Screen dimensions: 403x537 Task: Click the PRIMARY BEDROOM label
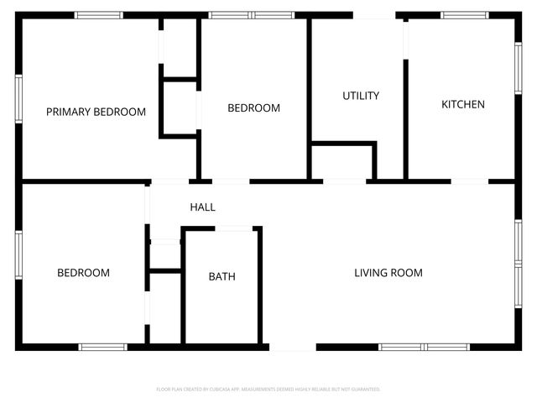click(x=96, y=112)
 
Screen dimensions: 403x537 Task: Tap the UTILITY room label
click(x=361, y=96)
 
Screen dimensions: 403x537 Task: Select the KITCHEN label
click(x=463, y=104)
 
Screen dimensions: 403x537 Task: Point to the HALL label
click(x=202, y=207)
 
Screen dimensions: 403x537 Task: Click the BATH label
click(x=222, y=276)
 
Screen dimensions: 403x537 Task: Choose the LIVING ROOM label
click(x=388, y=273)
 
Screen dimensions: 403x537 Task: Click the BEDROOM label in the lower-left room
click(x=83, y=273)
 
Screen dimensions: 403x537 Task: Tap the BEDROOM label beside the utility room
click(x=253, y=108)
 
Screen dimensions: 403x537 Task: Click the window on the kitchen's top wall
click(x=466, y=15)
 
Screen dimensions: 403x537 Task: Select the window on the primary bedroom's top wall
click(x=98, y=15)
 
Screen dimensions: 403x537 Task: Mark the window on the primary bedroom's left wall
click(x=18, y=99)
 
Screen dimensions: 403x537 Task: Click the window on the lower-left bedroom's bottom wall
click(x=102, y=346)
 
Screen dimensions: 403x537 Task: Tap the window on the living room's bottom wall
click(x=424, y=346)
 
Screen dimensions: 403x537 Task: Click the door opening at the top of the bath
click(x=233, y=228)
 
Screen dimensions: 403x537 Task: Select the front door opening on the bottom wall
click(x=292, y=346)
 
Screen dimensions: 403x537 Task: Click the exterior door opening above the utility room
click(x=374, y=15)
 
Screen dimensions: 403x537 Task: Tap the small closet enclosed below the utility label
click(x=342, y=162)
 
